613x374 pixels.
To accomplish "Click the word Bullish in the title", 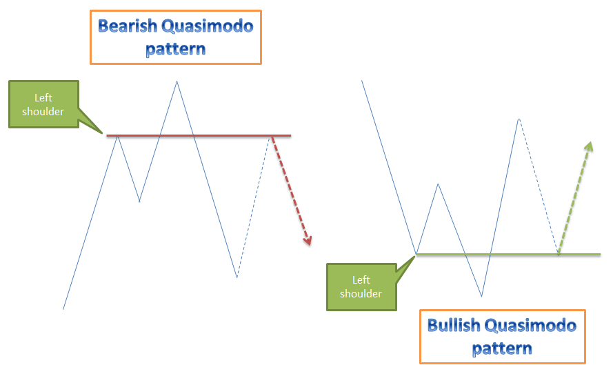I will (454, 325).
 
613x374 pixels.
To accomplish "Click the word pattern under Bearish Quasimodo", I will (175, 49).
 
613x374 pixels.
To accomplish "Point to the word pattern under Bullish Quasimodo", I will (502, 348).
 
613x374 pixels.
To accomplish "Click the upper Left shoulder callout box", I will (43, 104).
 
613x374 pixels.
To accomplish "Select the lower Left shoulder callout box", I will (361, 286).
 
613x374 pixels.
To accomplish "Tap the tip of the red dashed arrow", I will (309, 244).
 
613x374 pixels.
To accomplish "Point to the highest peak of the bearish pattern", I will (177, 81).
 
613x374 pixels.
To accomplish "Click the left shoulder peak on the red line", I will (119, 136).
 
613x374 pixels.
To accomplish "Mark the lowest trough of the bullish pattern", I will (481, 296).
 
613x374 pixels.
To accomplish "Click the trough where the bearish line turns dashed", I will (237, 277).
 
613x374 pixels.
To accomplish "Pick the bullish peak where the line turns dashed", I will (518, 119).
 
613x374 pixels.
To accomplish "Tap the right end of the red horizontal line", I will (290, 136).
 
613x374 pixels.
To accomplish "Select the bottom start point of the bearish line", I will (63, 308).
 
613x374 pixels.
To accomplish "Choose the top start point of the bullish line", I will (362, 81).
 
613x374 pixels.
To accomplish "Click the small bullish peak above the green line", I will (439, 184).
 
